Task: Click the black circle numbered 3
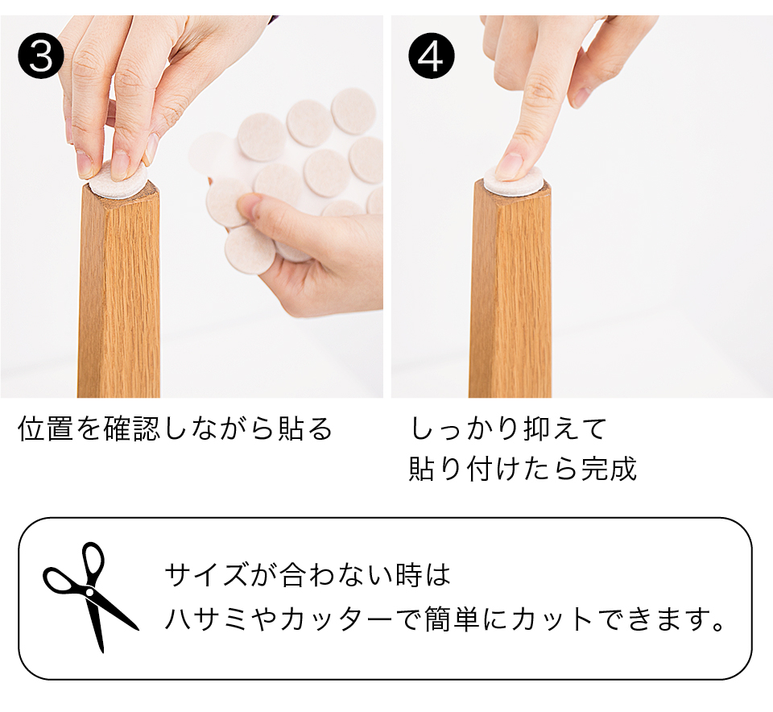[x=41, y=56]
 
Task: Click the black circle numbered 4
[x=432, y=56]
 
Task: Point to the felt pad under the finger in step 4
[x=513, y=180]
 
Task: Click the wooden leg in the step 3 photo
[x=119, y=291]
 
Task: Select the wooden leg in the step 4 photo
[x=511, y=291]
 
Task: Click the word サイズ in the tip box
[x=206, y=575]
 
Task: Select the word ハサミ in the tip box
[x=206, y=619]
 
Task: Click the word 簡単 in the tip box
[x=452, y=619]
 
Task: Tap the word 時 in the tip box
[x=409, y=575]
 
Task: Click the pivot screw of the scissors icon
[x=89, y=591]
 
